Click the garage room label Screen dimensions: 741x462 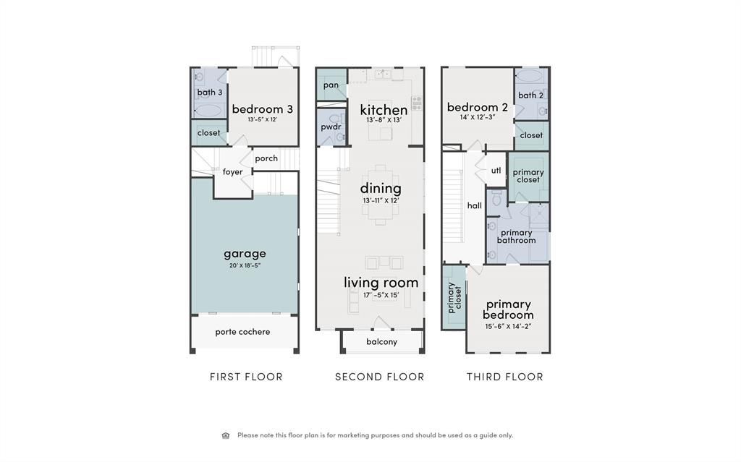point(245,254)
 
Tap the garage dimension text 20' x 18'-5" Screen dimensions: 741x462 point(245,265)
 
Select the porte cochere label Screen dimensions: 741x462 point(242,332)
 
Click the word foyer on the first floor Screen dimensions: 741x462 point(232,172)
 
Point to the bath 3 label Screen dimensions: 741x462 point(209,92)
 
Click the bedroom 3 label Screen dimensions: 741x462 point(262,109)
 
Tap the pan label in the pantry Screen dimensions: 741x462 point(331,85)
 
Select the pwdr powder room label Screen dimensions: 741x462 point(331,127)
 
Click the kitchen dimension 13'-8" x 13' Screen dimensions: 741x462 point(384,120)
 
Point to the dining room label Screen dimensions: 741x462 point(381,189)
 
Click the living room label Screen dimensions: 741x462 point(381,283)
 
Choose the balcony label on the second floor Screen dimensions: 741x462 point(382,342)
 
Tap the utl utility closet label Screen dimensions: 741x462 point(496,171)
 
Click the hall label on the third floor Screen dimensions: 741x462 point(475,205)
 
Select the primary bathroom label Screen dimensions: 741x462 point(516,236)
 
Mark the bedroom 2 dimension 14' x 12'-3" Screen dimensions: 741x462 point(478,118)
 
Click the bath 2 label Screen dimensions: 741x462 point(530,95)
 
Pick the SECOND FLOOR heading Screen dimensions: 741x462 point(380,377)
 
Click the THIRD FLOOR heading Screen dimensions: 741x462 point(505,377)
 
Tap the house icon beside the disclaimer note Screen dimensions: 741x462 point(226,435)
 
